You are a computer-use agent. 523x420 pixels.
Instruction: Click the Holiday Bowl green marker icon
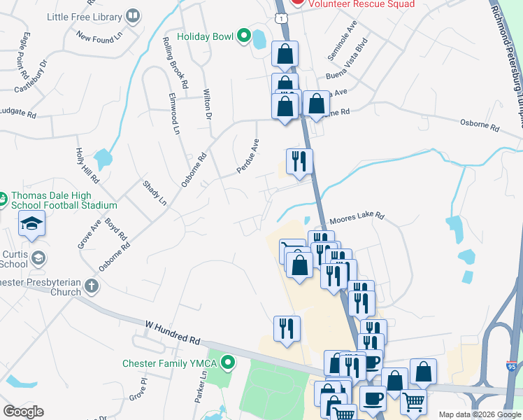pos(244,36)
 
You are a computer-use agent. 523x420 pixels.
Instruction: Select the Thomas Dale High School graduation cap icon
pos(31,224)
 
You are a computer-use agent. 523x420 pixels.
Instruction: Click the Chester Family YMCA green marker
pos(227,363)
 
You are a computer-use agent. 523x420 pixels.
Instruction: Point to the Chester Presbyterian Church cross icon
pos(91,286)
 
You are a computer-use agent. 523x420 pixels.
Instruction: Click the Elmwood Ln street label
pos(174,113)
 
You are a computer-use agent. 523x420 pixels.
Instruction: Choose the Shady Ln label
pos(155,192)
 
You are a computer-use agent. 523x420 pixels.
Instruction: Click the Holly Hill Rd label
pos(87,167)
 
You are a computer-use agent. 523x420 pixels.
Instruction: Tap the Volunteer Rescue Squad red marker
pos(298,2)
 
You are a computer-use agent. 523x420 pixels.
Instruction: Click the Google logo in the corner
pos(23,411)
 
